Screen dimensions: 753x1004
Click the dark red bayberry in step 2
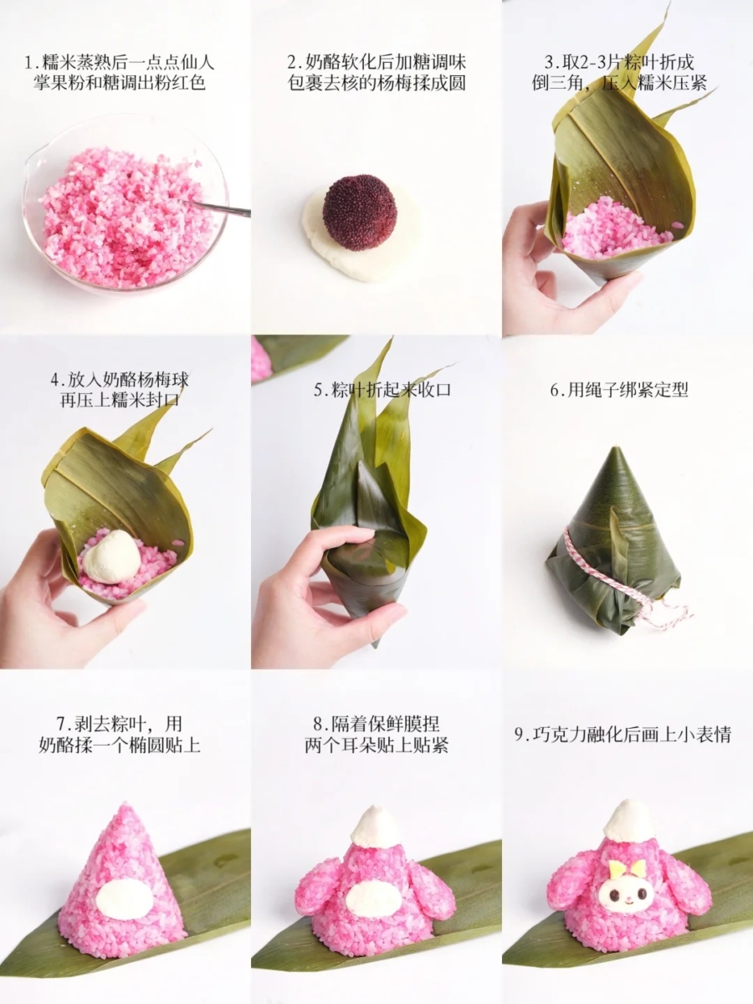361,212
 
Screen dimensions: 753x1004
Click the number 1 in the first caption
29,62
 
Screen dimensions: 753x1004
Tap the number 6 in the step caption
555,390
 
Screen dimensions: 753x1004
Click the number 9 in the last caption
519,735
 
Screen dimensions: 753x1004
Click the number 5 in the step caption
318,390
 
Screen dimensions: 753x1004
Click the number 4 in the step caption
56,380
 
